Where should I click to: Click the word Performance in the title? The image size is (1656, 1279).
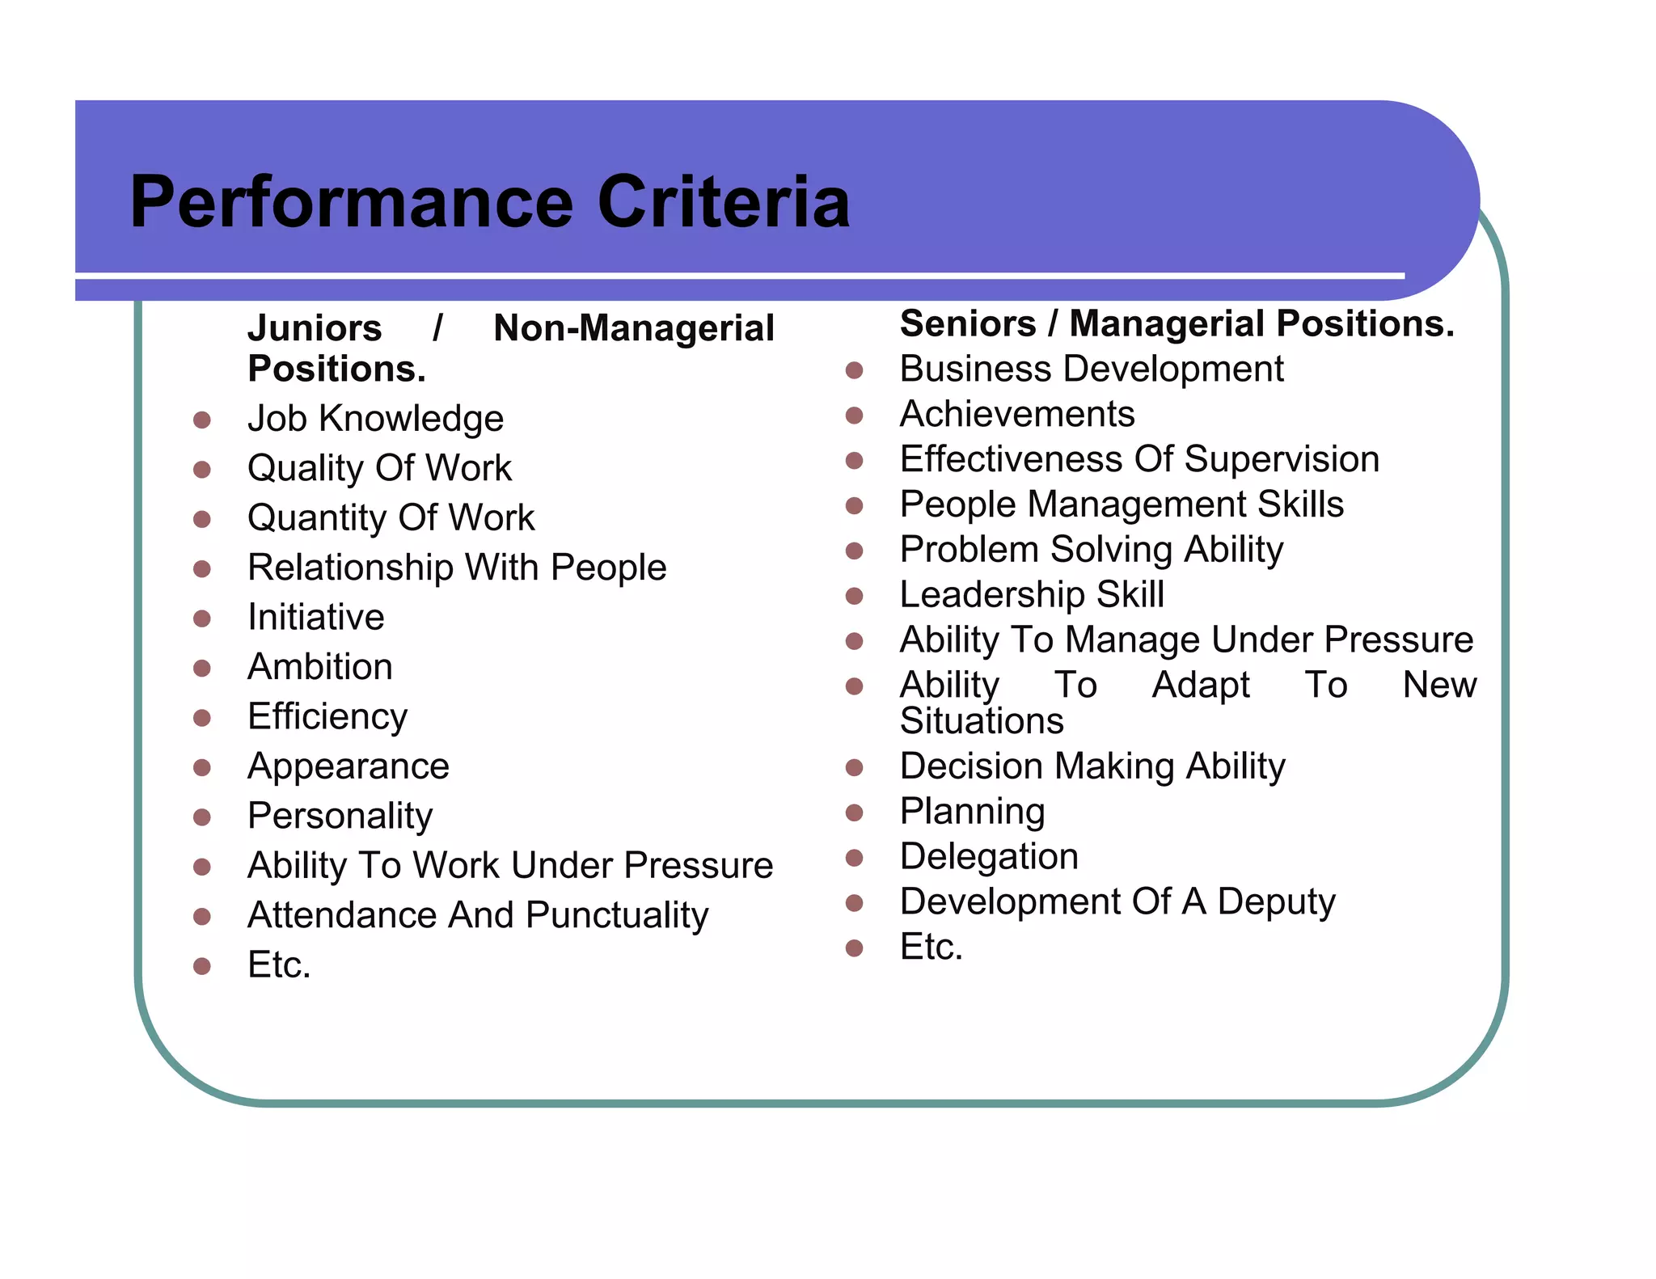pyautogui.click(x=351, y=202)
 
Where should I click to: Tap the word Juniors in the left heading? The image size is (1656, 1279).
pyautogui.click(x=315, y=328)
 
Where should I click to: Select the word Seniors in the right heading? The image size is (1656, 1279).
pyautogui.click(x=968, y=323)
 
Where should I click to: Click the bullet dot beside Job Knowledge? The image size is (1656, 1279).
pyautogui.click(x=202, y=420)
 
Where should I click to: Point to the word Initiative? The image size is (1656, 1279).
pyautogui.click(x=316, y=618)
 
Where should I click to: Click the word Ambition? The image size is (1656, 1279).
pyautogui.click(x=320, y=667)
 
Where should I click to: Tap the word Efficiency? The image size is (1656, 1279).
pyautogui.click(x=327, y=717)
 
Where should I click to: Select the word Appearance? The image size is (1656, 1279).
pyautogui.click(x=349, y=766)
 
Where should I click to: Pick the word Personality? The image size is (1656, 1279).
pyautogui.click(x=340, y=817)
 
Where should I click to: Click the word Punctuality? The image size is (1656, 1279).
pyautogui.click(x=617, y=916)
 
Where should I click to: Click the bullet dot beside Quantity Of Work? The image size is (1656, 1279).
pyautogui.click(x=202, y=519)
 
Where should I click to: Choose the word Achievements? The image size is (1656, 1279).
pyautogui.click(x=1017, y=414)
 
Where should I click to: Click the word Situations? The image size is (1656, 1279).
pyautogui.click(x=982, y=721)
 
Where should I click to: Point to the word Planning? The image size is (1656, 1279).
pyautogui.click(x=973, y=812)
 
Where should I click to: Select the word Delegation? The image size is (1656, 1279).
pyautogui.click(x=989, y=857)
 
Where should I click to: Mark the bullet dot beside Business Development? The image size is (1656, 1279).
pyautogui.click(x=855, y=370)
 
